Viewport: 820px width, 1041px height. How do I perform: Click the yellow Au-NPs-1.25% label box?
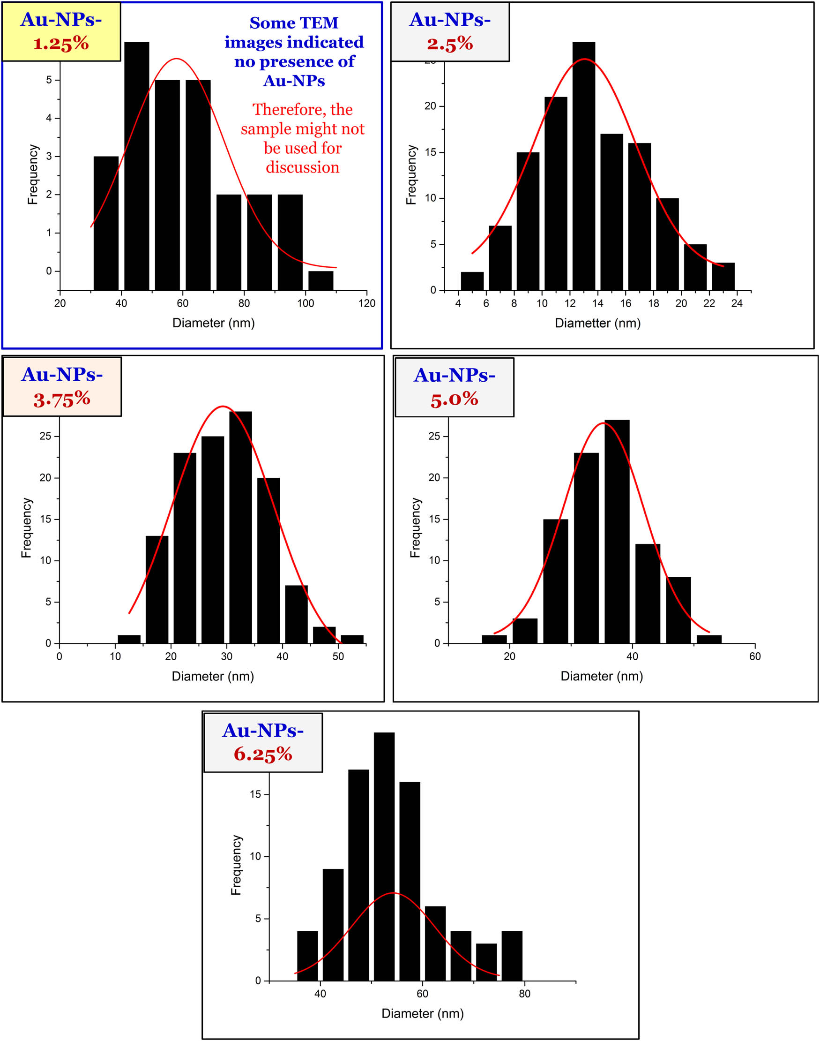pos(61,32)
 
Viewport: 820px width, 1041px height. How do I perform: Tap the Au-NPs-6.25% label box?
pos(262,742)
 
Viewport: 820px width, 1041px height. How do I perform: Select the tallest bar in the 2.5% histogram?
pos(583,166)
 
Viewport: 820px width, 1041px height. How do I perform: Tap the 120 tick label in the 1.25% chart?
pos(367,303)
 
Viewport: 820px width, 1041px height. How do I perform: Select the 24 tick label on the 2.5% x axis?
pos(737,303)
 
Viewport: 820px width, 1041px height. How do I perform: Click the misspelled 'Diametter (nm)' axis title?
pos(597,323)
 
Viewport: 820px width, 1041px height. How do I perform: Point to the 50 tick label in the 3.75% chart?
pos(338,656)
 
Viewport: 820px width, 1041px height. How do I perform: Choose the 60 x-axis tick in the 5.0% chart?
pos(755,656)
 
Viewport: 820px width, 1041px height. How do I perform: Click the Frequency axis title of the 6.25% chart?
pos(236,865)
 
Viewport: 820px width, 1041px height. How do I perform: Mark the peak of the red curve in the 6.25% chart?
pos(393,892)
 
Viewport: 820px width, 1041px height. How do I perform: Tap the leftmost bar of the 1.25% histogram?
pos(105,223)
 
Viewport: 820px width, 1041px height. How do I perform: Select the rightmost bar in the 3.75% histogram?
pos(352,639)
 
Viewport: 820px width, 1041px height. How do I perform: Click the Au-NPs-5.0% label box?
pos(454,387)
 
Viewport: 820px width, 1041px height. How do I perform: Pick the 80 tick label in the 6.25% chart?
pos(524,994)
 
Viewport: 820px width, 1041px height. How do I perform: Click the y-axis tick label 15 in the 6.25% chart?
pos(255,794)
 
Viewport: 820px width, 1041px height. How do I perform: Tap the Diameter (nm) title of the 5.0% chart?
pos(602,676)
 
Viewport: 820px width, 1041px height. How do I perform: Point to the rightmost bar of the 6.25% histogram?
pos(512,956)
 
